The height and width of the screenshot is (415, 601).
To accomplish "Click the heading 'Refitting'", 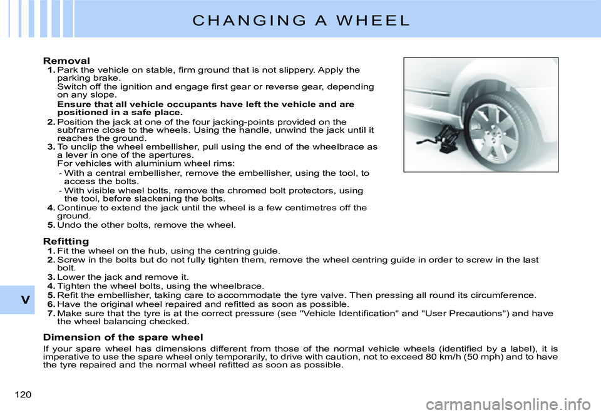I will tap(66, 241).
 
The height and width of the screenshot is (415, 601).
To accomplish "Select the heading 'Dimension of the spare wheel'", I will tap(123, 337).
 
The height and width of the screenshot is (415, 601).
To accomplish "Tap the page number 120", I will tap(21, 394).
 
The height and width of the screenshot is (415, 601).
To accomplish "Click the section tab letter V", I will tap(24, 300).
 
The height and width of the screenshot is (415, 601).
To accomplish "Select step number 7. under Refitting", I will tap(51, 313).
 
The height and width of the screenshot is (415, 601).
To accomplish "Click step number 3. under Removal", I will tap(51, 146).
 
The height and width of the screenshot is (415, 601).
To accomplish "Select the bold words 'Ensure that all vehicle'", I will tap(113, 104).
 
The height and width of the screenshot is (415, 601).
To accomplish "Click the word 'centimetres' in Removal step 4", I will tap(313, 207).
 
